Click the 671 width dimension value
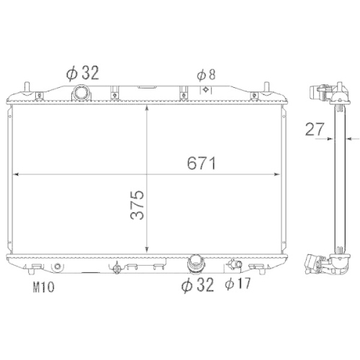coord(202,163)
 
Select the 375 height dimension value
coord(137,204)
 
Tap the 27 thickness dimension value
coord(315,129)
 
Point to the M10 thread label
coord(43,287)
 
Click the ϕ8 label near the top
coord(206,75)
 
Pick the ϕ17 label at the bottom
coord(238,284)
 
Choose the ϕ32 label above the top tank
coord(82,73)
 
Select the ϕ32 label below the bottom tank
coord(197,285)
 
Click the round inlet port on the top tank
coord(81,92)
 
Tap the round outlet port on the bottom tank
coord(196,264)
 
